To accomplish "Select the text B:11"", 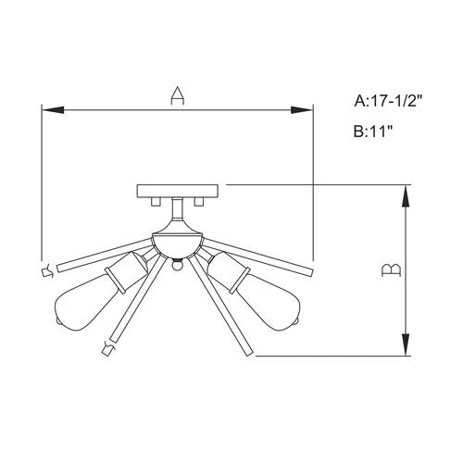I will pos(373,131).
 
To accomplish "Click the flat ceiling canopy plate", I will pos(178,191).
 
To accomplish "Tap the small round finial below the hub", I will pos(177,267).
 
